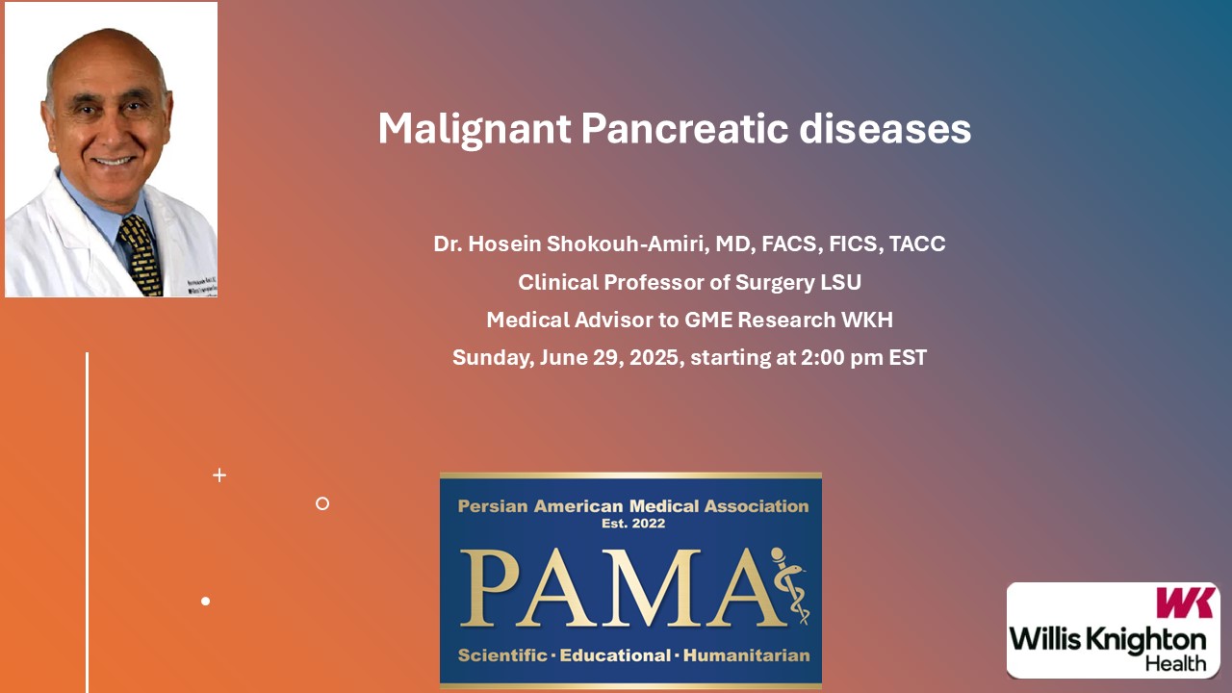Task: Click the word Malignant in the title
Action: point(475,130)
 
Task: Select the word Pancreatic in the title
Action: point(684,128)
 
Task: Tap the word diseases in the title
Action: point(885,128)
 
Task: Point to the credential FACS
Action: point(788,244)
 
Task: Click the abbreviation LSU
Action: point(840,282)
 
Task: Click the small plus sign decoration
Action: point(219,475)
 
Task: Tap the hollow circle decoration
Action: point(322,503)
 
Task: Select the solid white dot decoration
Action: point(206,602)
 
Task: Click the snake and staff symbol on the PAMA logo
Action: point(790,585)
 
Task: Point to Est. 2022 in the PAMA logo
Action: point(633,524)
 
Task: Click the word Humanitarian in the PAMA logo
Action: point(746,655)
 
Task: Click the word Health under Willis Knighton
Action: point(1176,664)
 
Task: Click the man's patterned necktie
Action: point(141,254)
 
